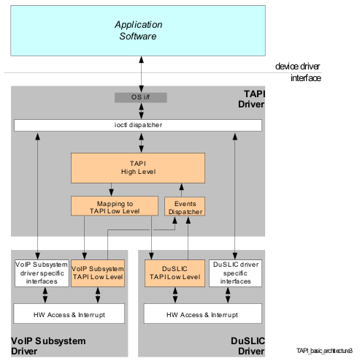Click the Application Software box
[138, 31]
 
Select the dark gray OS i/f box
[141, 97]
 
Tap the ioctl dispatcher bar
[138, 125]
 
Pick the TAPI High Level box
[138, 168]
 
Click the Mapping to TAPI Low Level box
[115, 206]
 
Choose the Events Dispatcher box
[185, 206]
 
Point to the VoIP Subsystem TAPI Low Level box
[98, 273]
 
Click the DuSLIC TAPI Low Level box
[175, 273]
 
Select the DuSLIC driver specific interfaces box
[235, 273]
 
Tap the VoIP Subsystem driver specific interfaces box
[42, 273]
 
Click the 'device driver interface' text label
[298, 72]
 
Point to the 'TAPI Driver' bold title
[251, 99]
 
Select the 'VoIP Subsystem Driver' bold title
[48, 346]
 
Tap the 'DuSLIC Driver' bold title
[248, 346]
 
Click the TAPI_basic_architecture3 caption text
[324, 351]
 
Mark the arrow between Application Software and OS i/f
[141, 75]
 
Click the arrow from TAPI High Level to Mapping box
[111, 189]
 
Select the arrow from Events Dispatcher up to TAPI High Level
[181, 190]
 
